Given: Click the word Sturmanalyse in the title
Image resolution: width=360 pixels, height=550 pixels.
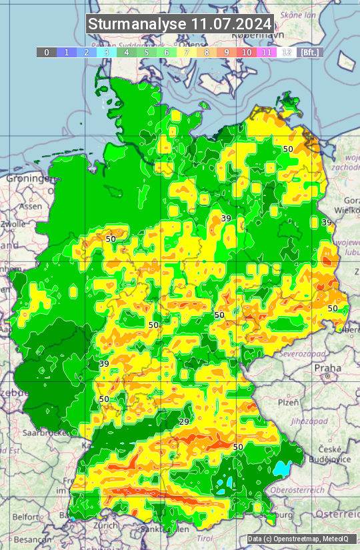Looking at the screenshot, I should tap(137, 24).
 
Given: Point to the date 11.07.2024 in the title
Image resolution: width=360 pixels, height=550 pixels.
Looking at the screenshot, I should tap(231, 24).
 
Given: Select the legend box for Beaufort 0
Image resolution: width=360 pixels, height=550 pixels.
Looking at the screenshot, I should tap(47, 52).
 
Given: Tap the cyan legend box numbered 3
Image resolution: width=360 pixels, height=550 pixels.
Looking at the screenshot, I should tap(107, 52).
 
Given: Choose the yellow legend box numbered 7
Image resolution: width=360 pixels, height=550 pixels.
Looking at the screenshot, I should tap(187, 52).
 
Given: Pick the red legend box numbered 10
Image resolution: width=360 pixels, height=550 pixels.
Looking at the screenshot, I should tap(247, 52).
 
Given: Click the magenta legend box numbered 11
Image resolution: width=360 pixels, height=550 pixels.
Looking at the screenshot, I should tap(267, 52).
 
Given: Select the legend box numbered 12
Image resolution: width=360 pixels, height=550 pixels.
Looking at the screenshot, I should tap(287, 52).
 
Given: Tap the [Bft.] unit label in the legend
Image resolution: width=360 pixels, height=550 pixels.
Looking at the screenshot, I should tap(310, 52).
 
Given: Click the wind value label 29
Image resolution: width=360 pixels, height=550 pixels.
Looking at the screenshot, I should tap(185, 422).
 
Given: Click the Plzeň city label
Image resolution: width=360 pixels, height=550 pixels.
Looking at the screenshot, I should tap(288, 403).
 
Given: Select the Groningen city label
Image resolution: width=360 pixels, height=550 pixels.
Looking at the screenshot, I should tap(27, 179).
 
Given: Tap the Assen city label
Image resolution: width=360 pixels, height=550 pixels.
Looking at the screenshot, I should tap(31, 207).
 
